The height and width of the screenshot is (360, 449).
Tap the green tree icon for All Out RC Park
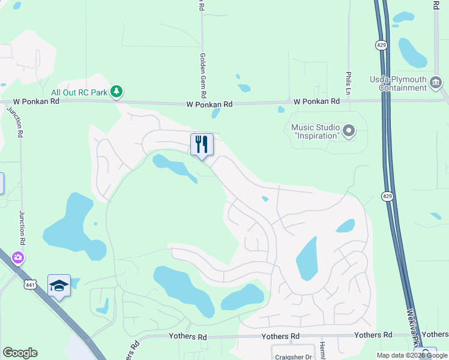pyautogui.click(x=118, y=92)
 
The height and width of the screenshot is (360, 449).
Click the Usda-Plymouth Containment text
pyautogui.click(x=402, y=83)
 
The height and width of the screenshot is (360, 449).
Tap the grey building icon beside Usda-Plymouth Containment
pyautogui.click(x=436, y=87)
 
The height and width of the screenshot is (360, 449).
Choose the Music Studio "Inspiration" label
pyautogui.click(x=315, y=131)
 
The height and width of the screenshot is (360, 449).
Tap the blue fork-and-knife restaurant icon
pyautogui.click(x=202, y=144)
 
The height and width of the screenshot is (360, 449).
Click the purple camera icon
pyautogui.click(x=17, y=258)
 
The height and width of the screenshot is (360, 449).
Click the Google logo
pyautogui.click(x=20, y=353)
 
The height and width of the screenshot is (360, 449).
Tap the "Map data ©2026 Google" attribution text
pyautogui.click(x=412, y=355)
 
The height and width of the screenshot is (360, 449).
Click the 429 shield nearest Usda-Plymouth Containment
pyautogui.click(x=381, y=45)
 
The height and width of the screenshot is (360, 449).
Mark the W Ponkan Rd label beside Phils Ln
pyautogui.click(x=317, y=101)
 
